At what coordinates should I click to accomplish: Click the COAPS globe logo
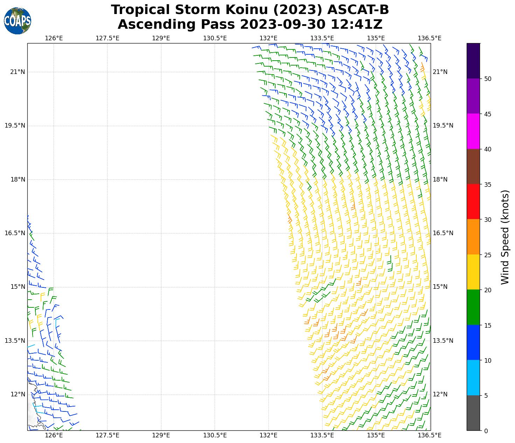pos(18,21)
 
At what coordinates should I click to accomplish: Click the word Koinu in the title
pos(246,10)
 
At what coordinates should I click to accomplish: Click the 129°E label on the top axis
pos(161,38)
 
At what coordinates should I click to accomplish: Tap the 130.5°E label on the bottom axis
pos(215,435)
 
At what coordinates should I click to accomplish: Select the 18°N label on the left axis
pos(17,179)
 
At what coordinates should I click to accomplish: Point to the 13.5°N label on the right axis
pos(443,341)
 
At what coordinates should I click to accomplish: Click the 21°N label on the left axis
pos(17,72)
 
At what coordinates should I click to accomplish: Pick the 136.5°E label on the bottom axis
pos(429,435)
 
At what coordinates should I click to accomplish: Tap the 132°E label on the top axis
pos(269,38)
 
